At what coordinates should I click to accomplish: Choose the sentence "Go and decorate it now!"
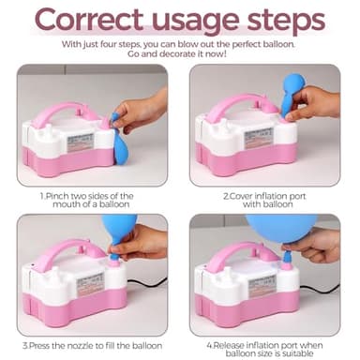tap(180, 54)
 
